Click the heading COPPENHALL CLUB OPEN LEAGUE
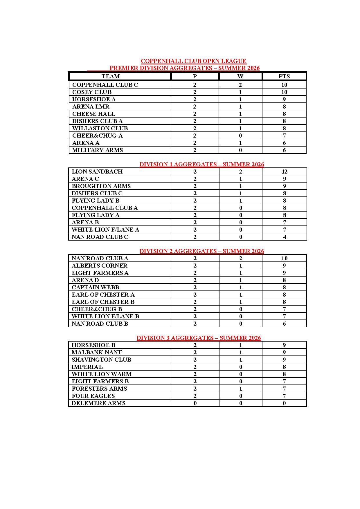point(193,61)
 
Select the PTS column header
point(284,76)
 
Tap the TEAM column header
point(111,76)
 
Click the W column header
point(240,76)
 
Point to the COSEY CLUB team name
point(92,92)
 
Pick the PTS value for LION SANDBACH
point(284,172)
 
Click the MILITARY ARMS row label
point(98,150)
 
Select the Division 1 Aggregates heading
point(202,164)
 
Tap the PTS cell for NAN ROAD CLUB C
point(285,237)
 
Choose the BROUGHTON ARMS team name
point(101,186)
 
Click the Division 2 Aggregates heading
point(202,251)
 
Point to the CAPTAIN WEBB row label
point(96,287)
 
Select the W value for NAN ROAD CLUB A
point(240,258)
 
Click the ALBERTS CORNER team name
point(100,266)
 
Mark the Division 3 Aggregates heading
point(199,338)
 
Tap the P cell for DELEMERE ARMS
point(195,403)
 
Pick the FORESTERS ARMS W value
point(240,389)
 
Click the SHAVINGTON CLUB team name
point(101,360)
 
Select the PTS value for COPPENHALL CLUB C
point(284,85)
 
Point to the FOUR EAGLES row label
point(93,396)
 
